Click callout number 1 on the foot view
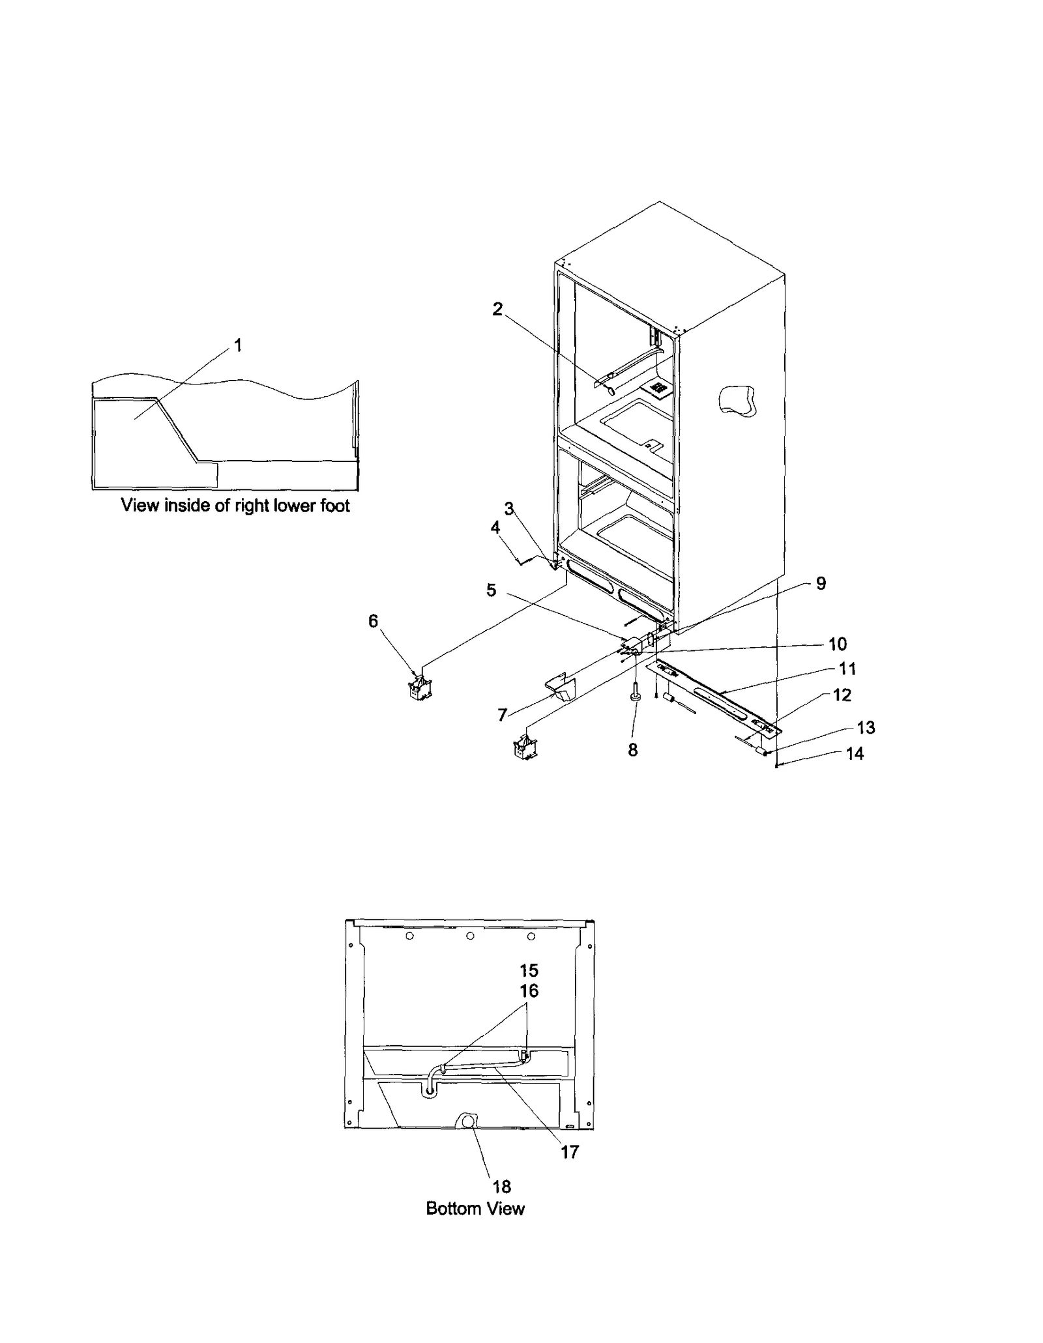click(x=238, y=345)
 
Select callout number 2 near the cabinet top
click(x=497, y=310)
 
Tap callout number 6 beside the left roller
click(x=373, y=621)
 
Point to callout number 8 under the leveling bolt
click(x=632, y=750)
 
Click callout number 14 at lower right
click(x=854, y=754)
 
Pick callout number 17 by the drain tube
click(x=569, y=1152)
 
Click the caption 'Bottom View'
click(x=475, y=1208)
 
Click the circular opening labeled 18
click(x=467, y=1120)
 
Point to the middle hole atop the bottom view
click(x=470, y=936)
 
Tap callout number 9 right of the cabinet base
click(x=821, y=583)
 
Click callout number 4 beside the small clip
click(x=495, y=527)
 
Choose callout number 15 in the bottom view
click(x=529, y=970)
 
